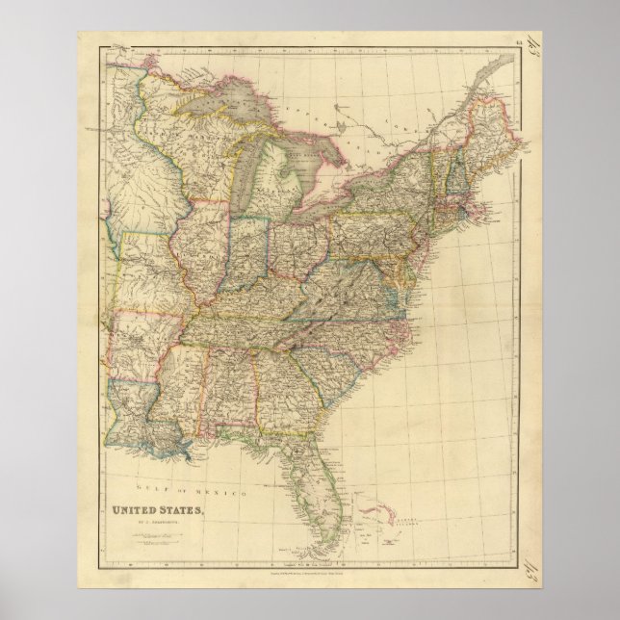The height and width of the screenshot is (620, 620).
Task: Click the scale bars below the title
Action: pyautogui.click(x=145, y=543)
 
